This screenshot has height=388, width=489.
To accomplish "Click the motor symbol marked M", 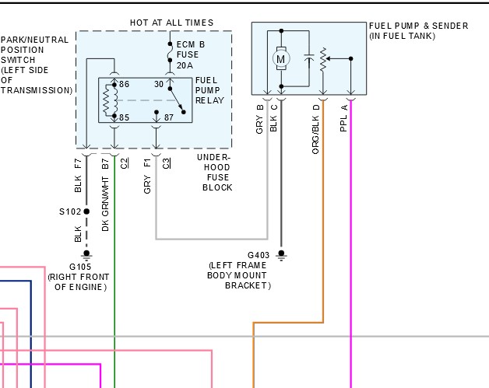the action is (x=281, y=58).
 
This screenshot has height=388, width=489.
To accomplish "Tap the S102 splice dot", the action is (x=86, y=211).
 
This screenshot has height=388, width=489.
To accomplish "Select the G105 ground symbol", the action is (x=86, y=255).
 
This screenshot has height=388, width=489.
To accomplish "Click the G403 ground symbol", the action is (x=281, y=255).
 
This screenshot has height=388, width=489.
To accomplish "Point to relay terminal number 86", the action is (x=124, y=84).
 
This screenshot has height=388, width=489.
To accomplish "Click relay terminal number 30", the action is (x=159, y=84).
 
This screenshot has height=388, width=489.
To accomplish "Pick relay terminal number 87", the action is (x=169, y=117).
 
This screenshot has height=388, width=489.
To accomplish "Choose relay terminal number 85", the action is (x=124, y=117).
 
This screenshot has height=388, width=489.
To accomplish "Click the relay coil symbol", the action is (x=110, y=100).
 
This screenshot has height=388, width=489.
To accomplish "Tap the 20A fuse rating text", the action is (x=185, y=65).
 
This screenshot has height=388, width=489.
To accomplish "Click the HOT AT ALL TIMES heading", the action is (x=171, y=23).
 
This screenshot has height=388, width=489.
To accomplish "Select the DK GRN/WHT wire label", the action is (x=105, y=204).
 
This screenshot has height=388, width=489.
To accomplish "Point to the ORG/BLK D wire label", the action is (x=315, y=129).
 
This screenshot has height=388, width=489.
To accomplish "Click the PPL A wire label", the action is (x=343, y=118).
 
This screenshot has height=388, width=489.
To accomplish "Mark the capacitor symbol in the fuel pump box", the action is (x=309, y=58).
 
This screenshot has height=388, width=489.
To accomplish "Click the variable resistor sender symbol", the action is (x=323, y=59).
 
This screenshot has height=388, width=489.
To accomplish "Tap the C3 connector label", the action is (x=167, y=163).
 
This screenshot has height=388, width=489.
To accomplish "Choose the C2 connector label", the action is (x=124, y=163).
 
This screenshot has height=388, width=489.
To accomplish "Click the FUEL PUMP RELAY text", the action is (x=209, y=90).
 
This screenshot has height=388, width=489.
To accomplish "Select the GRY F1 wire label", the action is (x=147, y=176).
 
